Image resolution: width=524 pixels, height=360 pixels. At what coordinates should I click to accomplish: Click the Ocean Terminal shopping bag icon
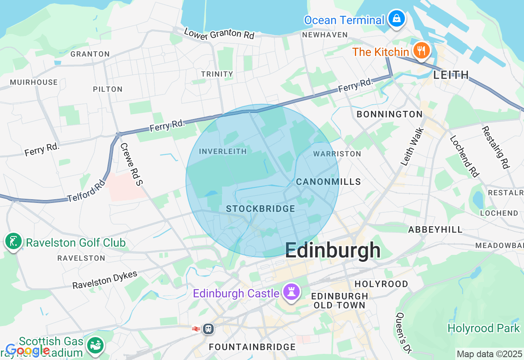(396, 19)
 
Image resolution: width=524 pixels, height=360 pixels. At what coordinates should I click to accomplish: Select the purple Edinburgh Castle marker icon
(292, 292)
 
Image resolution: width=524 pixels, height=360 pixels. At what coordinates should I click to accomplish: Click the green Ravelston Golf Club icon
(14, 242)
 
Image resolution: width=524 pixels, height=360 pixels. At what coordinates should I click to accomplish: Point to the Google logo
(27, 350)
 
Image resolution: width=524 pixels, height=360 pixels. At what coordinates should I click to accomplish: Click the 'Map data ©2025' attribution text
(489, 354)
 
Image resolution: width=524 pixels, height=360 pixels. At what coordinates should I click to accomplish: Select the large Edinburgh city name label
(332, 250)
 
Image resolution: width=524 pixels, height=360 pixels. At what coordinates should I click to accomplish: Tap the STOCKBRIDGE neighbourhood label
(260, 209)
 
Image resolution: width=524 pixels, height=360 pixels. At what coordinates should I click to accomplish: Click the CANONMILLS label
(328, 182)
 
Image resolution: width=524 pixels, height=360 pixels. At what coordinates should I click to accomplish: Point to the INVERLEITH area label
(223, 151)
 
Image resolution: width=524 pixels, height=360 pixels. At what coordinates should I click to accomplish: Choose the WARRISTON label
(337, 154)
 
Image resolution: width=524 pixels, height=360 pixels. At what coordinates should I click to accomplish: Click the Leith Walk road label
(412, 146)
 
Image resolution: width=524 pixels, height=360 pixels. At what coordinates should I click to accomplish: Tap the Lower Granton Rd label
(219, 34)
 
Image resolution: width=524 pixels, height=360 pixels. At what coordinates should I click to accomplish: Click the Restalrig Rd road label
(495, 147)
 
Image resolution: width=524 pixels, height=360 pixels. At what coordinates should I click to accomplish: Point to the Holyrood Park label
(483, 328)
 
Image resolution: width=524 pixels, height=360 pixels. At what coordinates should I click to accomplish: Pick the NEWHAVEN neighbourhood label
(325, 35)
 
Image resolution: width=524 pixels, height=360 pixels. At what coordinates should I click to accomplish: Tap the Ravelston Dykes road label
(105, 280)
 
